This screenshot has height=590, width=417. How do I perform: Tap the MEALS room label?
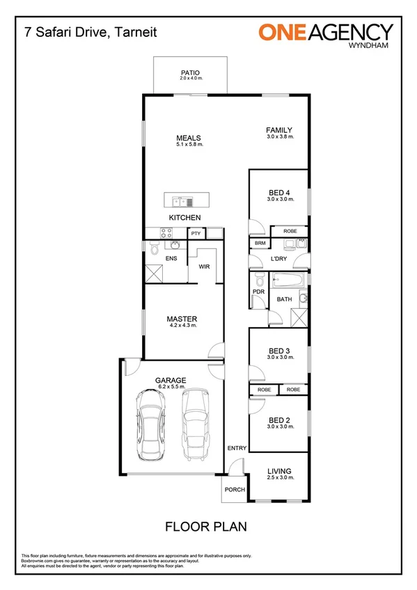189,138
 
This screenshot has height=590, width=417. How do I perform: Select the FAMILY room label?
280,130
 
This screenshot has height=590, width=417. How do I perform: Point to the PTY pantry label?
196,233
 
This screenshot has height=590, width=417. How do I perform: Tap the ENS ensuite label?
171,259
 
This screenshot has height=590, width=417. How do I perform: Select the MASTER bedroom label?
183,319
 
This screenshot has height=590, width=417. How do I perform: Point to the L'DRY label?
278,259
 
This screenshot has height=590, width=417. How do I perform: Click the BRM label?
260,243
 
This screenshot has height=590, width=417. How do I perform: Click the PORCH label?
235,490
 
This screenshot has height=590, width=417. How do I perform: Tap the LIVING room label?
280,471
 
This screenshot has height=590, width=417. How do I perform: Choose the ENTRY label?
237,448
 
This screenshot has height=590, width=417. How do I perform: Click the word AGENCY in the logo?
356,31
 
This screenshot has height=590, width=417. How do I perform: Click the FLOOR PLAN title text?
205,527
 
